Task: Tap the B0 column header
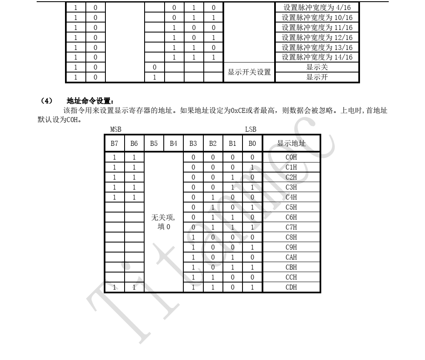point(252,144)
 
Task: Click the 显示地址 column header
point(291,144)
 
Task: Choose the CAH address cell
point(291,257)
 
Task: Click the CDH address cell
point(291,287)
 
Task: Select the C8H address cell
point(291,237)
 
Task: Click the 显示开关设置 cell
point(249,72)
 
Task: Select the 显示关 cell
point(317,67)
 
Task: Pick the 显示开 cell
point(317,77)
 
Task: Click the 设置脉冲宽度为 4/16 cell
point(317,7)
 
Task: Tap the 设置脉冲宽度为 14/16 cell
point(317,57)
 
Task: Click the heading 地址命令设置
point(90,101)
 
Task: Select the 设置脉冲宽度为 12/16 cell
point(317,37)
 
